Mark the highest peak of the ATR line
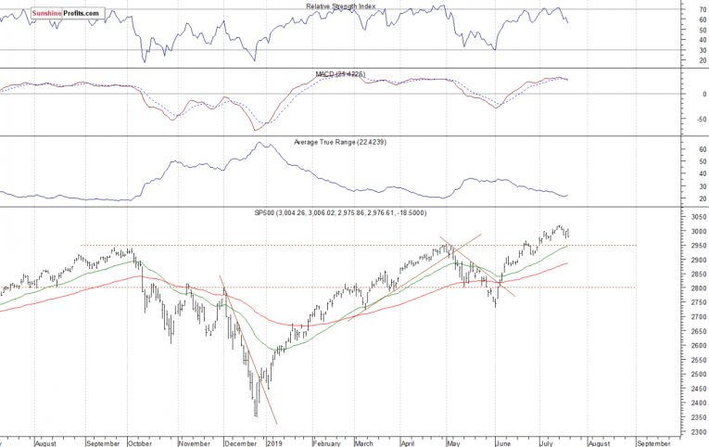coord(261,143)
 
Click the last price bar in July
coord(567,233)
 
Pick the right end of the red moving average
coord(567,263)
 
